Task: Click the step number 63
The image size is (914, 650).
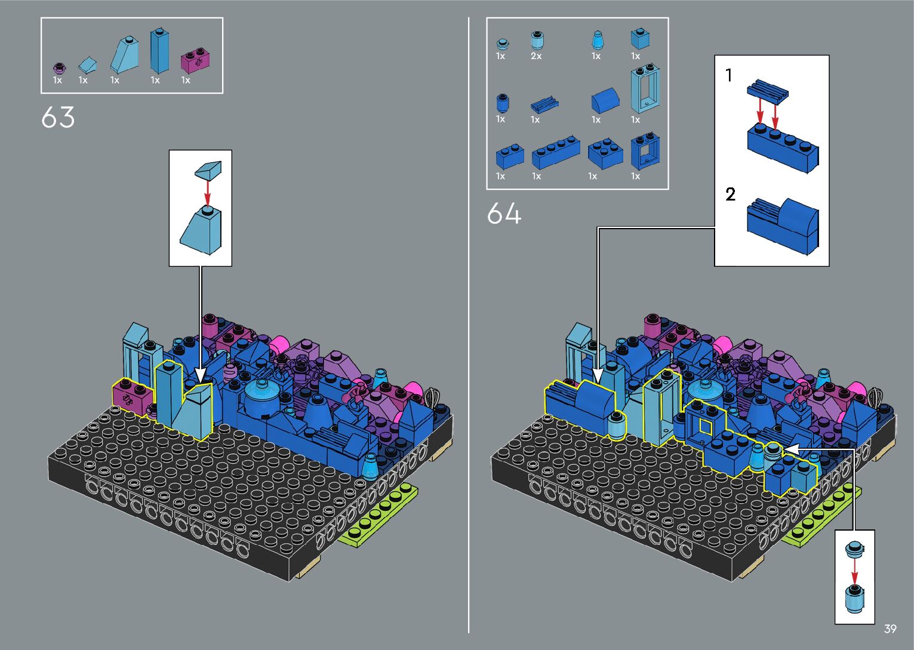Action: (58, 117)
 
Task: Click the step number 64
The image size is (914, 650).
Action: (504, 213)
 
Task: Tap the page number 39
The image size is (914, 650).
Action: (890, 629)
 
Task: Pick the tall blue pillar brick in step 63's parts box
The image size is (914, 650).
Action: (159, 51)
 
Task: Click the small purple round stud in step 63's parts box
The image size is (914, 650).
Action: (59, 67)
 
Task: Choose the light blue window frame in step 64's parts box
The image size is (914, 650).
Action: (645, 88)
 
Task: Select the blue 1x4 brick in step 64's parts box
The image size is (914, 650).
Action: (556, 153)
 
